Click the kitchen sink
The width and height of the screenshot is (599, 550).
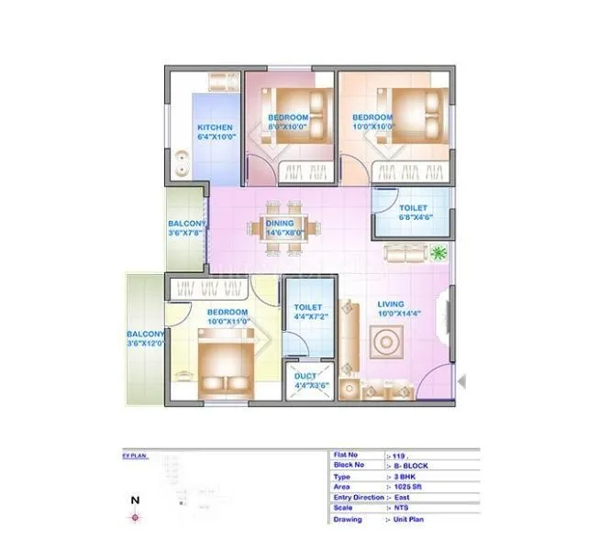183,166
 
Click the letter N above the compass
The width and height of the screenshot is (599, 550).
135,500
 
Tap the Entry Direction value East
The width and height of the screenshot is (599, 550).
401,498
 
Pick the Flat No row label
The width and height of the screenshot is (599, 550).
346,454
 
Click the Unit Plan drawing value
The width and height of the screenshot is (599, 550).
409,520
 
